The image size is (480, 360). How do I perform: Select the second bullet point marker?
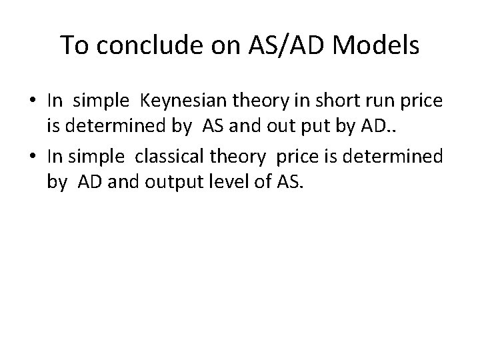pyautogui.click(x=34, y=158)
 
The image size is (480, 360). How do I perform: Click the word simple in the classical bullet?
pyautogui.click(x=101, y=157)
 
